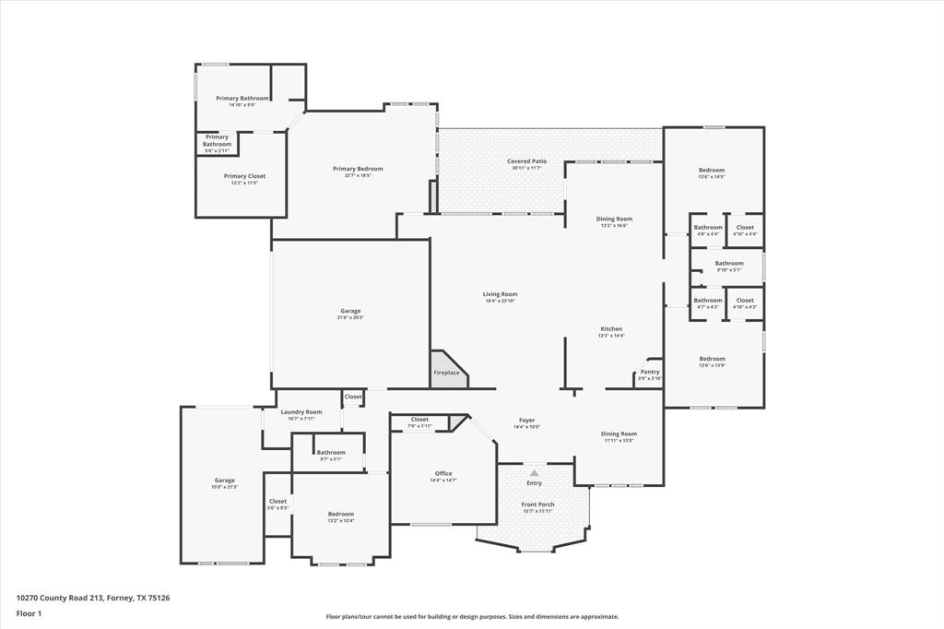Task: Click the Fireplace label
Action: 446,373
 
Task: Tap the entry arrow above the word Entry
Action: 534,472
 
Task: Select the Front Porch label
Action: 537,504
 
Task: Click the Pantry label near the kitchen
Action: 650,372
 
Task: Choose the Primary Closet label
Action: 244,176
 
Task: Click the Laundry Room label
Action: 301,412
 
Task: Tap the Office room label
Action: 443,474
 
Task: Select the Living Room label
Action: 500,294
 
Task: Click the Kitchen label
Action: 611,329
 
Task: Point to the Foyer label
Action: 526,420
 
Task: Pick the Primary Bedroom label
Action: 358,169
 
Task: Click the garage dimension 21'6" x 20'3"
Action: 350,318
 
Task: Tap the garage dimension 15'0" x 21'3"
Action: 225,487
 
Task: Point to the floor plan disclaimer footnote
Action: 472,617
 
